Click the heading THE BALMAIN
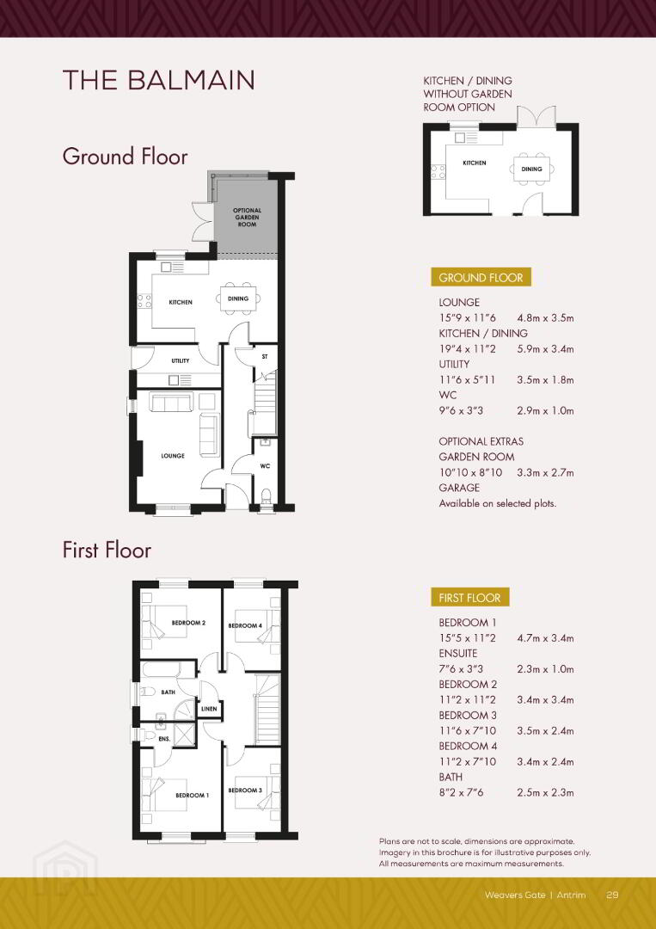[x=159, y=81]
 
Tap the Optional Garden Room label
[x=247, y=218]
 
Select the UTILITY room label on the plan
[x=181, y=360]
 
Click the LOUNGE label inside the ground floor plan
[x=173, y=456]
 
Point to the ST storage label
[x=265, y=357]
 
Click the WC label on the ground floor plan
[x=265, y=466]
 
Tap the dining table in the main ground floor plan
[x=238, y=298]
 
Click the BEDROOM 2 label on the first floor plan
[x=188, y=623]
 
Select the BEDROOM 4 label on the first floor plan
[x=245, y=625]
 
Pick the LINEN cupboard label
[x=209, y=709]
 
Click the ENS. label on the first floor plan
[x=164, y=739]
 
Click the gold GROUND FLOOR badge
[x=481, y=277]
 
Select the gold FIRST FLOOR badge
[x=469, y=598]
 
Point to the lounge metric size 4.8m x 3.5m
[x=545, y=318]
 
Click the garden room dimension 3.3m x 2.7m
[x=545, y=473]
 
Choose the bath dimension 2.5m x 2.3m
[x=545, y=793]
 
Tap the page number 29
[x=612, y=895]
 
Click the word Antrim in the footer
[x=572, y=895]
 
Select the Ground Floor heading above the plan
[x=125, y=157]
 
